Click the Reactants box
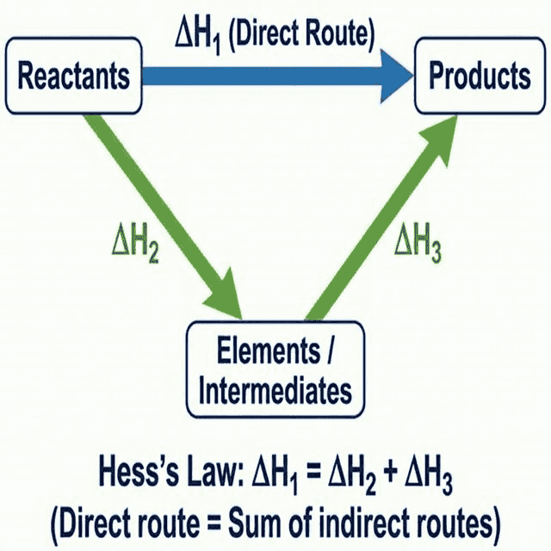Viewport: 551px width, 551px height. pos(74,77)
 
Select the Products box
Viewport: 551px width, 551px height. pos(480,77)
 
